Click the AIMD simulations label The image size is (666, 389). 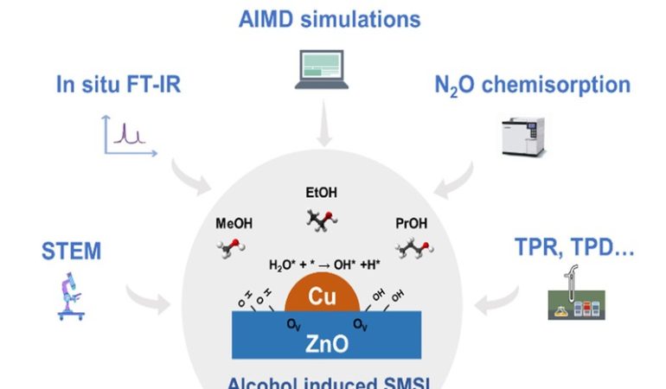pyautogui.click(x=330, y=19)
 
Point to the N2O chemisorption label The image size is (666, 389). pyautogui.click(x=532, y=85)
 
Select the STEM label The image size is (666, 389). pyautogui.click(x=71, y=252)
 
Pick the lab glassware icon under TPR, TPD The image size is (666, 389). pyautogui.click(x=572, y=298)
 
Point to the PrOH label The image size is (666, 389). pyautogui.click(x=412, y=224)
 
